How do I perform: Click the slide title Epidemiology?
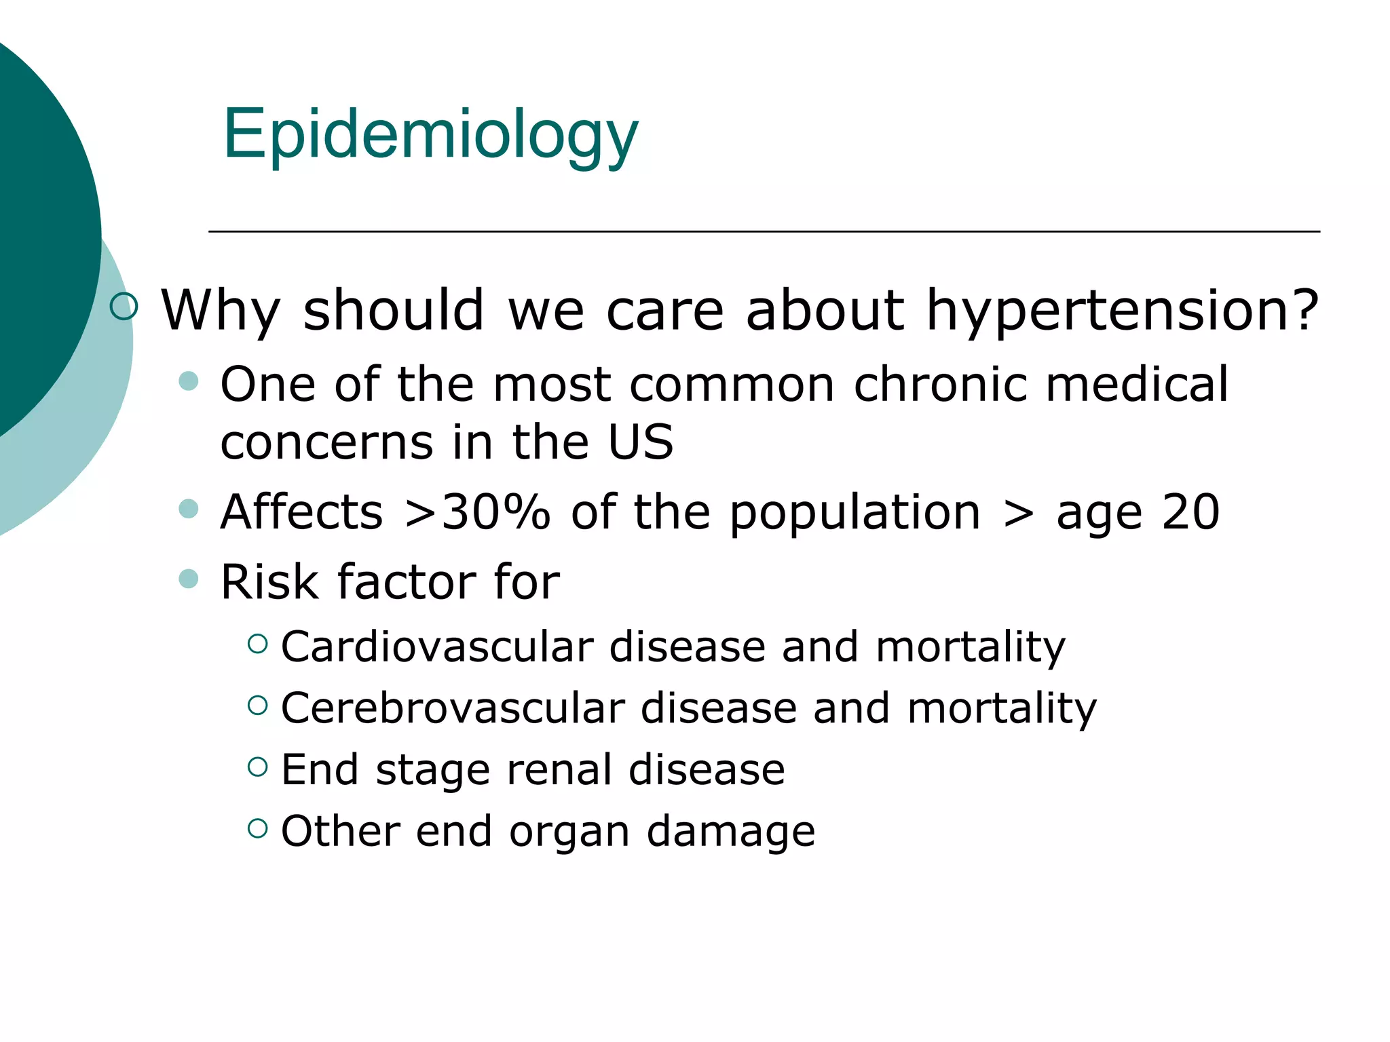(430, 134)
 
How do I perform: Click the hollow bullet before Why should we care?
(124, 306)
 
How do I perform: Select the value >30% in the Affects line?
(476, 512)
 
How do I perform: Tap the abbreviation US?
(640, 442)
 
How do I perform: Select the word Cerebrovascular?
(453, 708)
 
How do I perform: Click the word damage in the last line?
(730, 831)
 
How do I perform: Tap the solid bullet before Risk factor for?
(188, 579)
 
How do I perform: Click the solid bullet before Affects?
(188, 508)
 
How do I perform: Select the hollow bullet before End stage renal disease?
(257, 767)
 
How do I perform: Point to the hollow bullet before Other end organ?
(257, 828)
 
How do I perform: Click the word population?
(855, 512)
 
